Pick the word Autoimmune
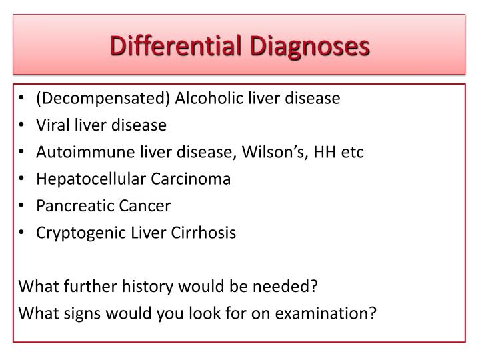point(73,152)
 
